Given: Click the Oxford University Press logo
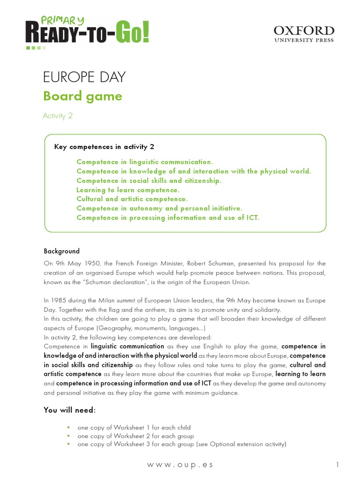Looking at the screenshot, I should coord(304,34).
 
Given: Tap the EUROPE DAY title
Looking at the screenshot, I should coord(84,77).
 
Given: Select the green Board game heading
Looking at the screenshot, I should coord(82,96).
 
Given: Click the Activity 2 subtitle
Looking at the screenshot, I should coord(58,116).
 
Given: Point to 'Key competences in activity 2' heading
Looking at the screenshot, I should coord(104,147).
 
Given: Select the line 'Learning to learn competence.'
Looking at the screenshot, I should coord(128,190).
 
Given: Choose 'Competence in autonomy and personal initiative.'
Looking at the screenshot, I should coord(159,209).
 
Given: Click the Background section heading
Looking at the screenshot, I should coord(62,251).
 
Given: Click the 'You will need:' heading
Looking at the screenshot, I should coord(69,410).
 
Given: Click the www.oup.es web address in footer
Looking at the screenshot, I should coord(180,465).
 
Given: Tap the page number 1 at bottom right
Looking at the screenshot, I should coord(337,465).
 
